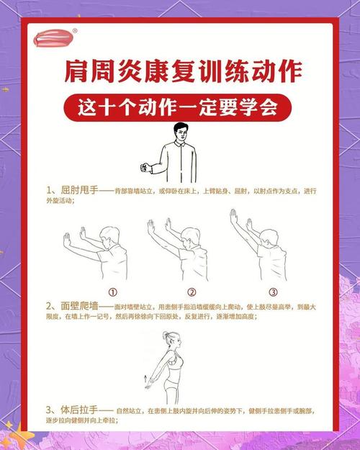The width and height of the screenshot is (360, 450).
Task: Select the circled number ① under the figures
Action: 113,292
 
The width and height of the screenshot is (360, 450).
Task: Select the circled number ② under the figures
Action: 192,292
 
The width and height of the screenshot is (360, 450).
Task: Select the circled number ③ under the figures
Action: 273,292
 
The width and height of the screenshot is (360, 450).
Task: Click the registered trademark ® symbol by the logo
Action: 75,30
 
